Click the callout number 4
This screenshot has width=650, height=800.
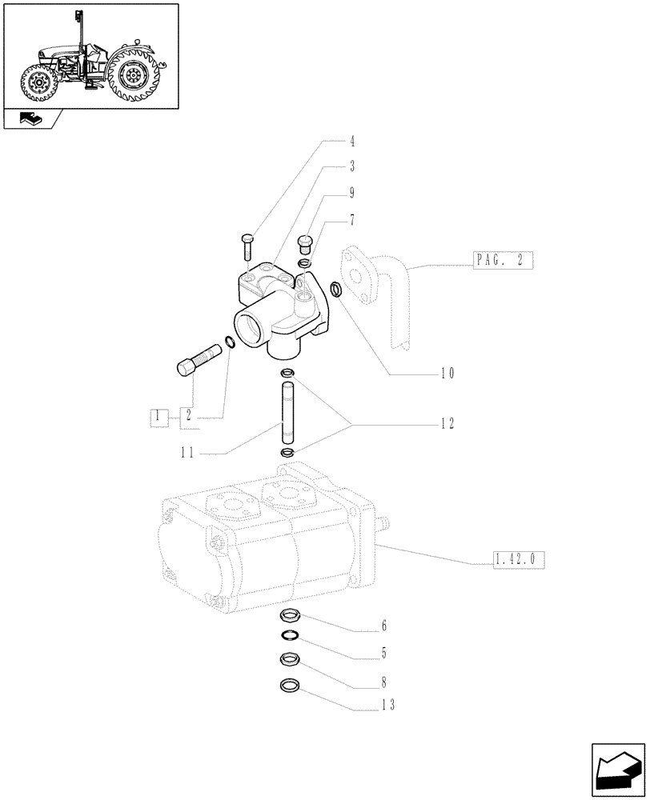click(x=352, y=142)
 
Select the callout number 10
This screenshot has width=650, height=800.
click(x=447, y=373)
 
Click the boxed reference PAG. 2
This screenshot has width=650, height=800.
click(x=497, y=261)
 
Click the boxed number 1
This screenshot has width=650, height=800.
click(x=160, y=416)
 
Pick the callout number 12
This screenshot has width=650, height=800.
click(x=447, y=425)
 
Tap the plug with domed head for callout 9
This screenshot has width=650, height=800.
click(x=304, y=241)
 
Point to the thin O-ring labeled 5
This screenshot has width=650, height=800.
click(x=290, y=636)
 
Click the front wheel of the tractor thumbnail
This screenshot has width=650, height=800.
click(x=38, y=84)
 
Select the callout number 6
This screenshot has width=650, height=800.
click(x=384, y=625)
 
